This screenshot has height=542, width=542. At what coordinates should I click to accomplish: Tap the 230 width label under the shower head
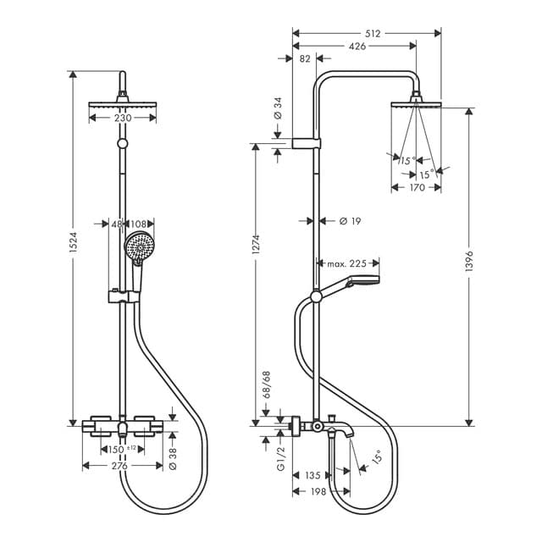[123, 119]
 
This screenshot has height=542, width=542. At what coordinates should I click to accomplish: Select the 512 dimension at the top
[373, 34]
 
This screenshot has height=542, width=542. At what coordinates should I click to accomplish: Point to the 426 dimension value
[357, 46]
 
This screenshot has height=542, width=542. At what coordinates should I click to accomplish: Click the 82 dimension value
[305, 58]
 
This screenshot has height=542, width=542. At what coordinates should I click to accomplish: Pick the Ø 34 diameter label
[278, 108]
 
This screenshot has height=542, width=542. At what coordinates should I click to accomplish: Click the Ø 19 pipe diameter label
[350, 221]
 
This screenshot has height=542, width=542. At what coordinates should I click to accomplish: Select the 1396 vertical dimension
[468, 261]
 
